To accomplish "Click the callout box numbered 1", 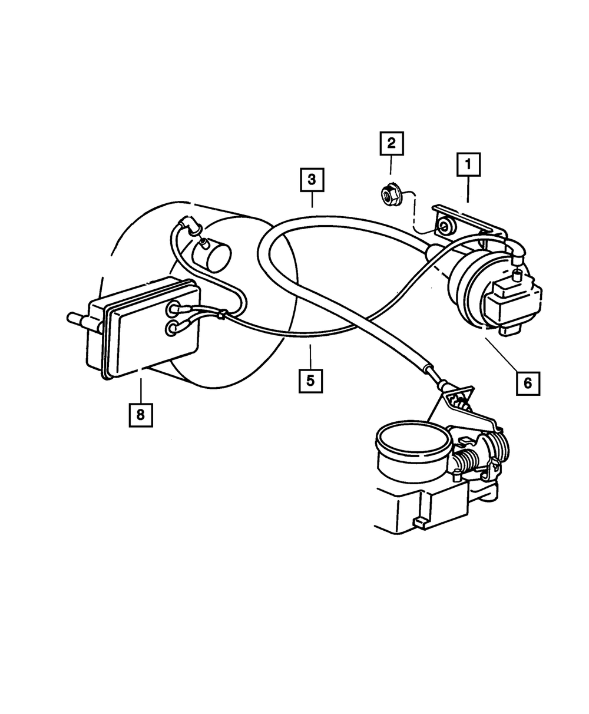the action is pos(469,165).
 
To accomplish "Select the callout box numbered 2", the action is pos(391,144).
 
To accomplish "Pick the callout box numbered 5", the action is pos(310,380).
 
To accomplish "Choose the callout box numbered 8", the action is pos(140,415).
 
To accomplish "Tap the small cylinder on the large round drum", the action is pos(212,255).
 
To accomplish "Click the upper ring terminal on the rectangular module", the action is pos(174,308).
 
